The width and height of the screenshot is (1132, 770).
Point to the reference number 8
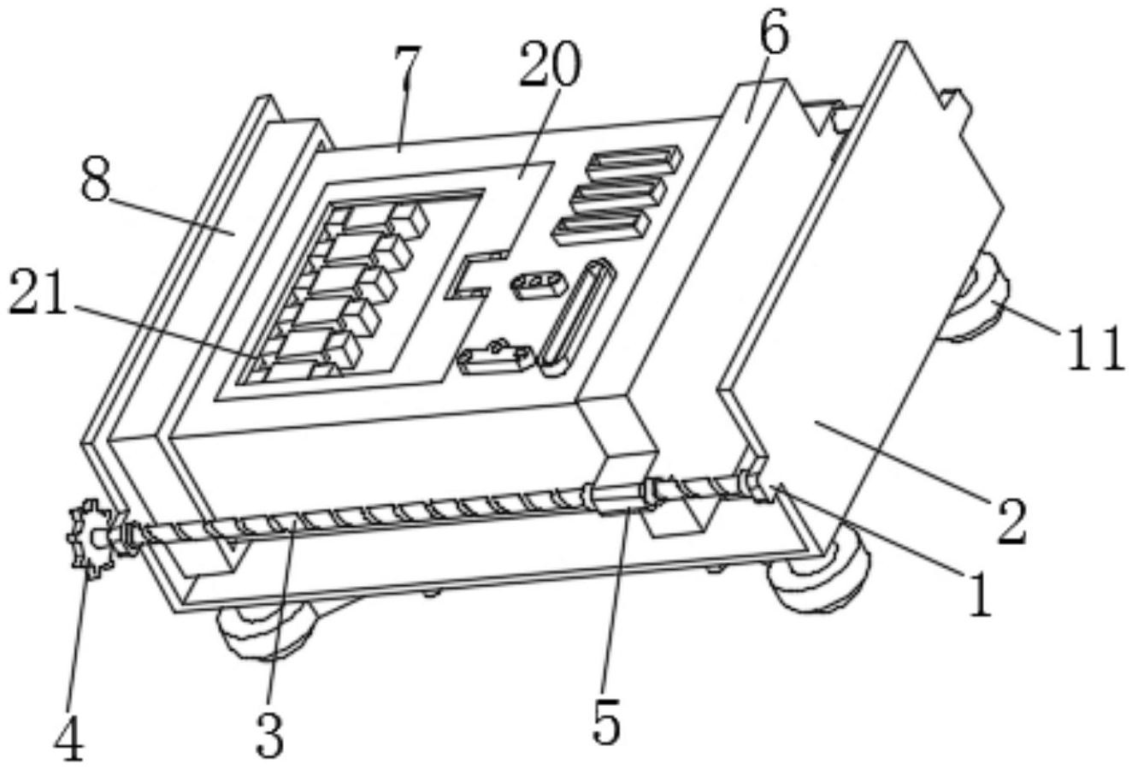pyautogui.click(x=96, y=180)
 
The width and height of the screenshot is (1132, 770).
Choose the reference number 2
pyautogui.click(x=1012, y=521)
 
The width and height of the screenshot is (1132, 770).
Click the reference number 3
pyautogui.click(x=270, y=734)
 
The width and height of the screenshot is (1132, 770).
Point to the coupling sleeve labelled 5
pyautogui.click(x=618, y=500)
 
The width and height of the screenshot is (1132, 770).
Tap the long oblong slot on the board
pyautogui.click(x=577, y=317)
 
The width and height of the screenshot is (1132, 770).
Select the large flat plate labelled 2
pyautogui.click(x=859, y=283)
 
